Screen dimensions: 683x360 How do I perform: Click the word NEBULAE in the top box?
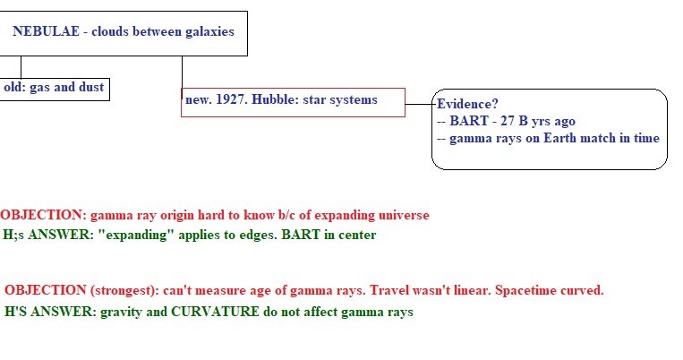tap(47, 31)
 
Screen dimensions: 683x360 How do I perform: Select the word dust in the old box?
tap(91, 87)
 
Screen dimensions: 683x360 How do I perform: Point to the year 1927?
tap(232, 99)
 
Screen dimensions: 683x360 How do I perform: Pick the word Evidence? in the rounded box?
tap(467, 104)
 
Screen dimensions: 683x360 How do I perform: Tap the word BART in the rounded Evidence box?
tap(469, 121)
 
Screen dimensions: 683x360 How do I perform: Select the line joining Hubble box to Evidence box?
tap(419, 104)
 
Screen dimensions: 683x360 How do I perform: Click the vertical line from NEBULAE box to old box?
tap(21, 67)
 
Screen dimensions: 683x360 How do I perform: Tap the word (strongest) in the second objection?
tap(125, 291)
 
